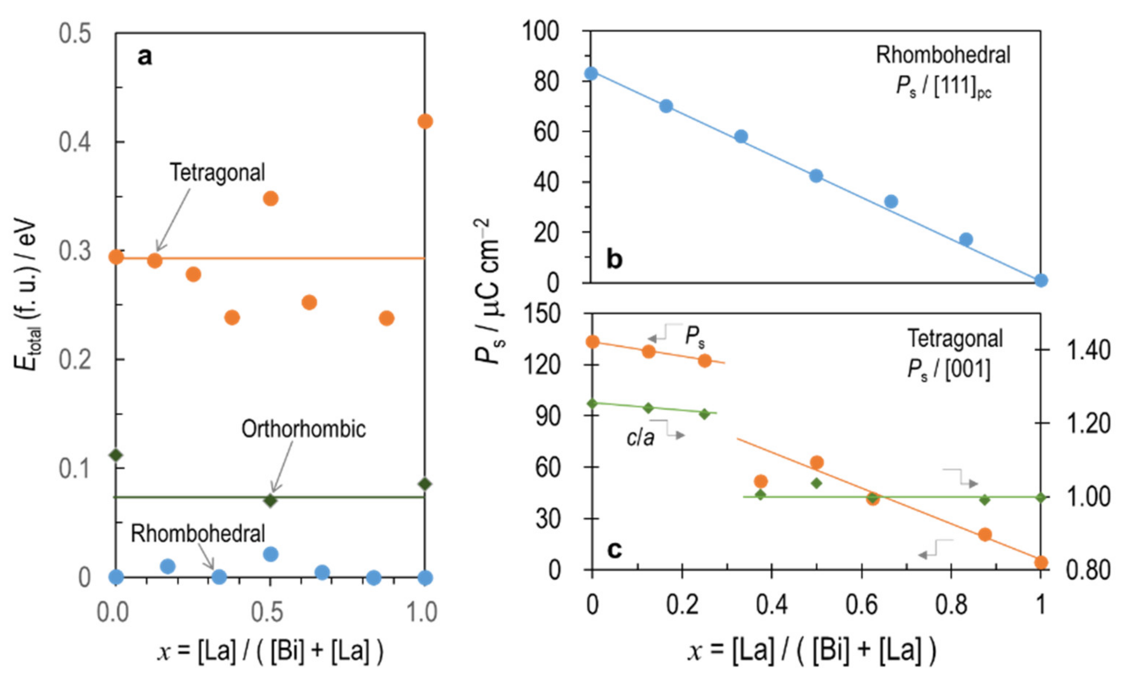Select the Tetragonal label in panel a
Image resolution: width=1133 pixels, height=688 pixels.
tap(217, 173)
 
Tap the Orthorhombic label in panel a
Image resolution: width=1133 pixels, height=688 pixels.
tap(304, 429)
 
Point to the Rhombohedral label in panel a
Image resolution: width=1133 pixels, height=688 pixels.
tap(198, 534)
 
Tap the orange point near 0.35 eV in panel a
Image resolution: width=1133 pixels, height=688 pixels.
tap(271, 199)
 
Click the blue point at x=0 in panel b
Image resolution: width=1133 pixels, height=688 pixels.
tap(591, 73)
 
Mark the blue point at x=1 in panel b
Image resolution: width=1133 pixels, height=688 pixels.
tap(1041, 280)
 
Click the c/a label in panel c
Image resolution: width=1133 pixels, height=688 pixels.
tap(640, 437)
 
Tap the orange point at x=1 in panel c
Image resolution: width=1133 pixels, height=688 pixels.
tap(1041, 562)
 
